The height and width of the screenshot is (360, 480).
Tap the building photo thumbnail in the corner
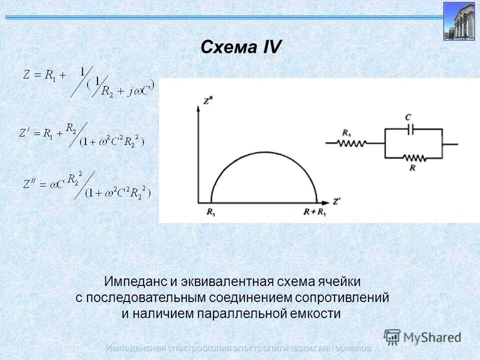[x=458, y=20]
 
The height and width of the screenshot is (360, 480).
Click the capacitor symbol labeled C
[x=409, y=129]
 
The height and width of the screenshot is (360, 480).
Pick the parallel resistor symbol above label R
[x=413, y=158]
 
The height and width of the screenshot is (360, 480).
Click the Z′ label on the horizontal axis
[x=337, y=202]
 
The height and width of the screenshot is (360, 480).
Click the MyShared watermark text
[x=432, y=336]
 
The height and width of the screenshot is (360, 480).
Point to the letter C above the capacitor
[x=408, y=118]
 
